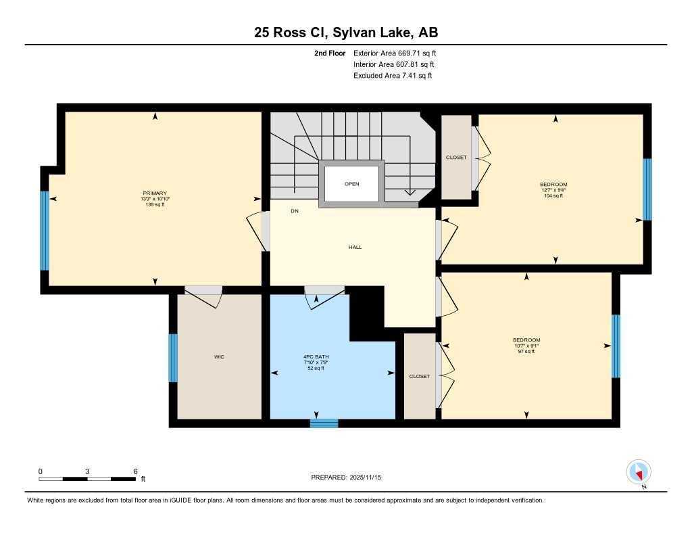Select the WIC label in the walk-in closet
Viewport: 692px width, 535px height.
pyautogui.click(x=219, y=356)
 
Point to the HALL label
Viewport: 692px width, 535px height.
pyautogui.click(x=355, y=247)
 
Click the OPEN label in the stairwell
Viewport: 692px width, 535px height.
pyautogui.click(x=351, y=183)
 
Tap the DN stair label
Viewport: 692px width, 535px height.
pyautogui.click(x=295, y=211)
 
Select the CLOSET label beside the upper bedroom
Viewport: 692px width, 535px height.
pyautogui.click(x=456, y=158)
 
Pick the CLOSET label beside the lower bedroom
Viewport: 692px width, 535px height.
pyautogui.click(x=420, y=376)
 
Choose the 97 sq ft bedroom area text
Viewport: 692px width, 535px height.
pyautogui.click(x=526, y=351)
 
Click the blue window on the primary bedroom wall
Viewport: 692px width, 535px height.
pyautogui.click(x=45, y=231)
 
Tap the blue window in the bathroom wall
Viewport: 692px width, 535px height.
pyautogui.click(x=324, y=423)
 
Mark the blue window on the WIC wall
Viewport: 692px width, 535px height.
pyautogui.click(x=173, y=358)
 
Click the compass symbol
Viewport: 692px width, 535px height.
pyautogui.click(x=638, y=471)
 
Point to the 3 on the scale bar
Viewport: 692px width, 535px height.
pyautogui.click(x=87, y=471)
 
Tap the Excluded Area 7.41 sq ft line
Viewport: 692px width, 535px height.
pyautogui.click(x=393, y=76)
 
